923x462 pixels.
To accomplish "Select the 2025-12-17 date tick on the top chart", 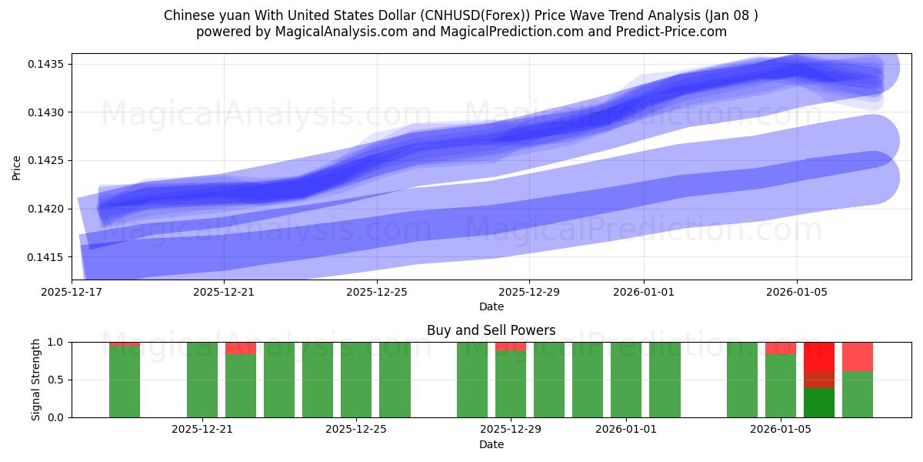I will click(x=72, y=292).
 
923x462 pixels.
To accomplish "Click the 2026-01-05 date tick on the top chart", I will click(x=796, y=292).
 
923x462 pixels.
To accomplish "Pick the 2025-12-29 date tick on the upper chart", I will click(x=529, y=292).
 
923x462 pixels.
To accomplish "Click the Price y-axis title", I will click(x=17, y=167).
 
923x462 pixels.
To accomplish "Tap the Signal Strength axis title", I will click(x=36, y=380).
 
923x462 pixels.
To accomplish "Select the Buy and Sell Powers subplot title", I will click(x=491, y=330).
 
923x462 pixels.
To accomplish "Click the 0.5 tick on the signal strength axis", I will click(x=57, y=380).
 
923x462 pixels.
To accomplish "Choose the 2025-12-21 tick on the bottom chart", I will click(x=202, y=429).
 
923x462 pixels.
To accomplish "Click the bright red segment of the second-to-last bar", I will click(x=819, y=356).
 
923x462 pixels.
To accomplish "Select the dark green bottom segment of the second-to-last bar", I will click(x=819, y=403).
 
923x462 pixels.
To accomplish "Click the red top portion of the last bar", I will click(x=858, y=356).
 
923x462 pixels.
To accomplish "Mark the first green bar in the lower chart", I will click(x=125, y=382).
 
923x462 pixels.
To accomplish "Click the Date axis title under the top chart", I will click(x=491, y=306).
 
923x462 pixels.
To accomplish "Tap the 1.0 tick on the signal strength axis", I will click(x=57, y=342).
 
